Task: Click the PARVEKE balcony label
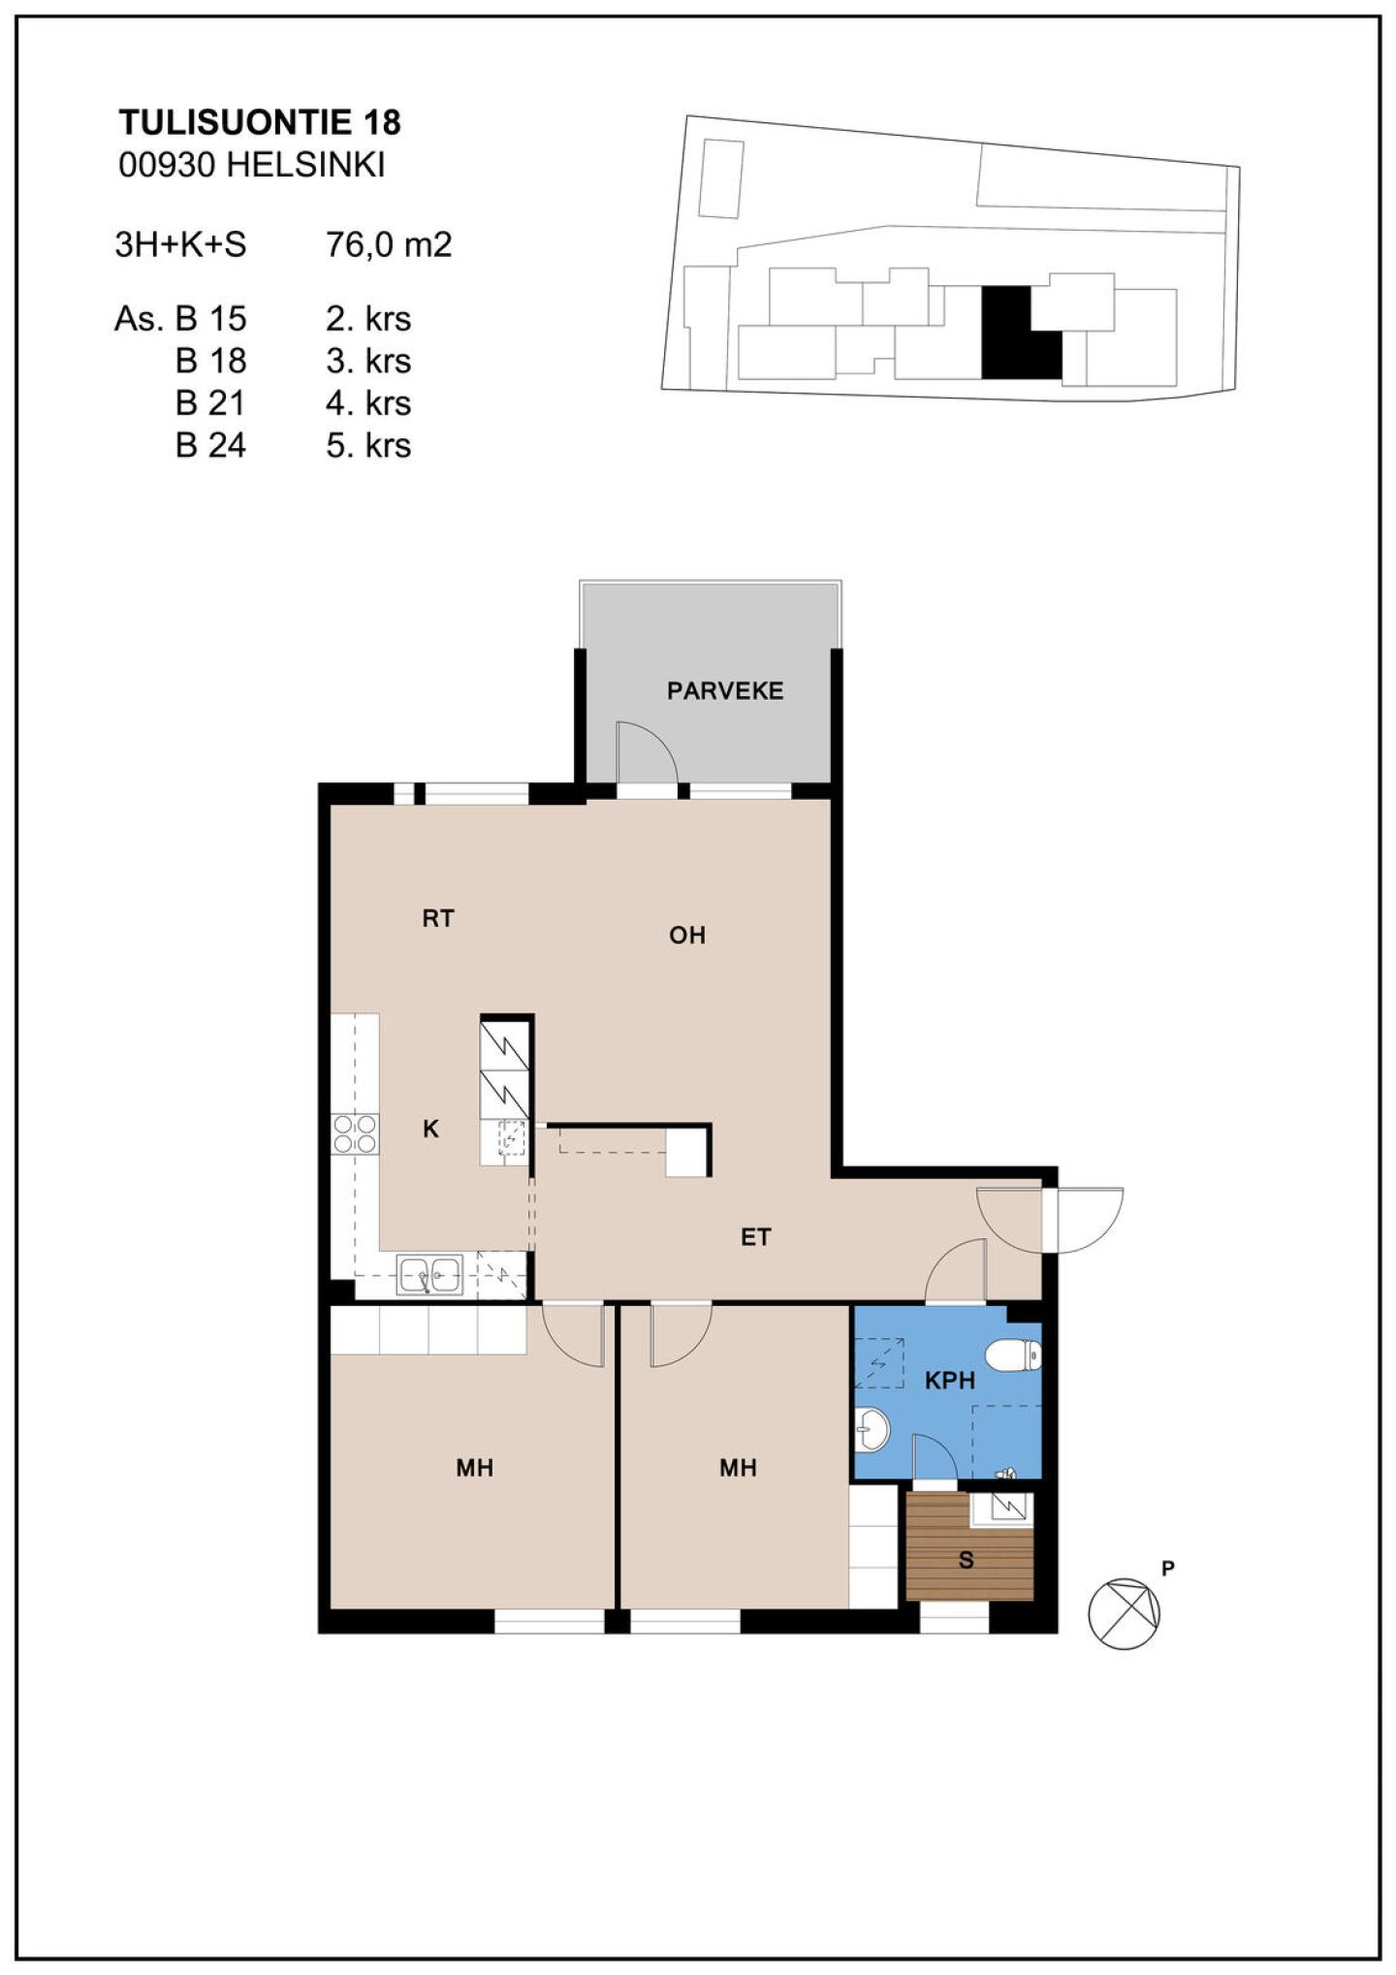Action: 724,690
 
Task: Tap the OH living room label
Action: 687,935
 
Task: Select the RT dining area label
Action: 438,918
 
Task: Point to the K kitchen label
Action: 431,1129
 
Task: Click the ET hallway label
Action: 755,1236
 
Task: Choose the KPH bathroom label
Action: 949,1381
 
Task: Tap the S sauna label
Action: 966,1561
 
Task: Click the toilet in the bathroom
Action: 1013,1354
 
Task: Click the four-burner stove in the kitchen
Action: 355,1133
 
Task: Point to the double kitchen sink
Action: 430,1274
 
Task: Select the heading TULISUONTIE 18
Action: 260,122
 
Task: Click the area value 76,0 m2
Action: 389,244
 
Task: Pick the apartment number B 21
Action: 210,402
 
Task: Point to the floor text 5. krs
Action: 368,445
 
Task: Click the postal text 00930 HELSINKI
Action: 252,165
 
